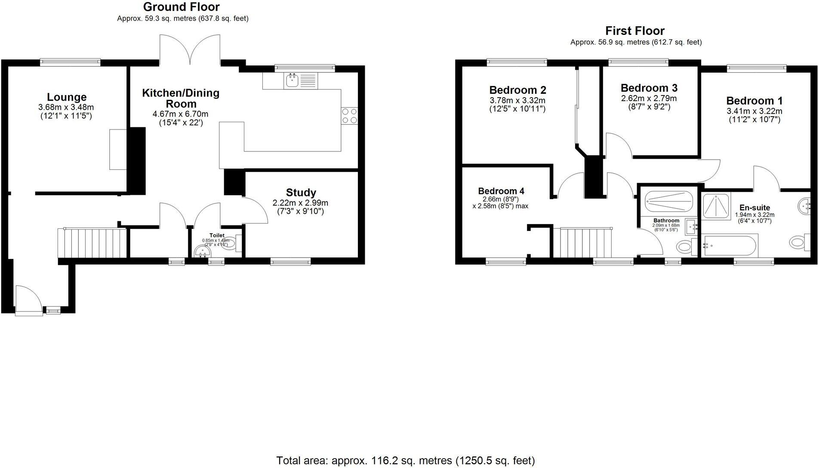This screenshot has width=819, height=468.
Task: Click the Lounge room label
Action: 67,97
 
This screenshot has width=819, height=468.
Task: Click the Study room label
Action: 301,193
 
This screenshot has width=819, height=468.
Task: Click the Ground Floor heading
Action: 181,7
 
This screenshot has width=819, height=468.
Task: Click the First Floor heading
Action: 634,31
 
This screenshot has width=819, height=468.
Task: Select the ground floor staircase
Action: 92,243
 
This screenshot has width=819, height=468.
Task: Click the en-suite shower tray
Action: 716,207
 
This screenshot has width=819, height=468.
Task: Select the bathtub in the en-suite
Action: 730,246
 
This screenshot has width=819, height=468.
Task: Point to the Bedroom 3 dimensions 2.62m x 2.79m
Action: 649,99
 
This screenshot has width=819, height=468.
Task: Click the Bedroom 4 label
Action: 501,191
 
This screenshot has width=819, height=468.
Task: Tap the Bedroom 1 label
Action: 754,101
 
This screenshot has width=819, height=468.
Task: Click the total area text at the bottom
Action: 405,461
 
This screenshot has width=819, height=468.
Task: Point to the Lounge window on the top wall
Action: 70,62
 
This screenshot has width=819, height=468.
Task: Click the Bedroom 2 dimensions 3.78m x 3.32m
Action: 517,101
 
